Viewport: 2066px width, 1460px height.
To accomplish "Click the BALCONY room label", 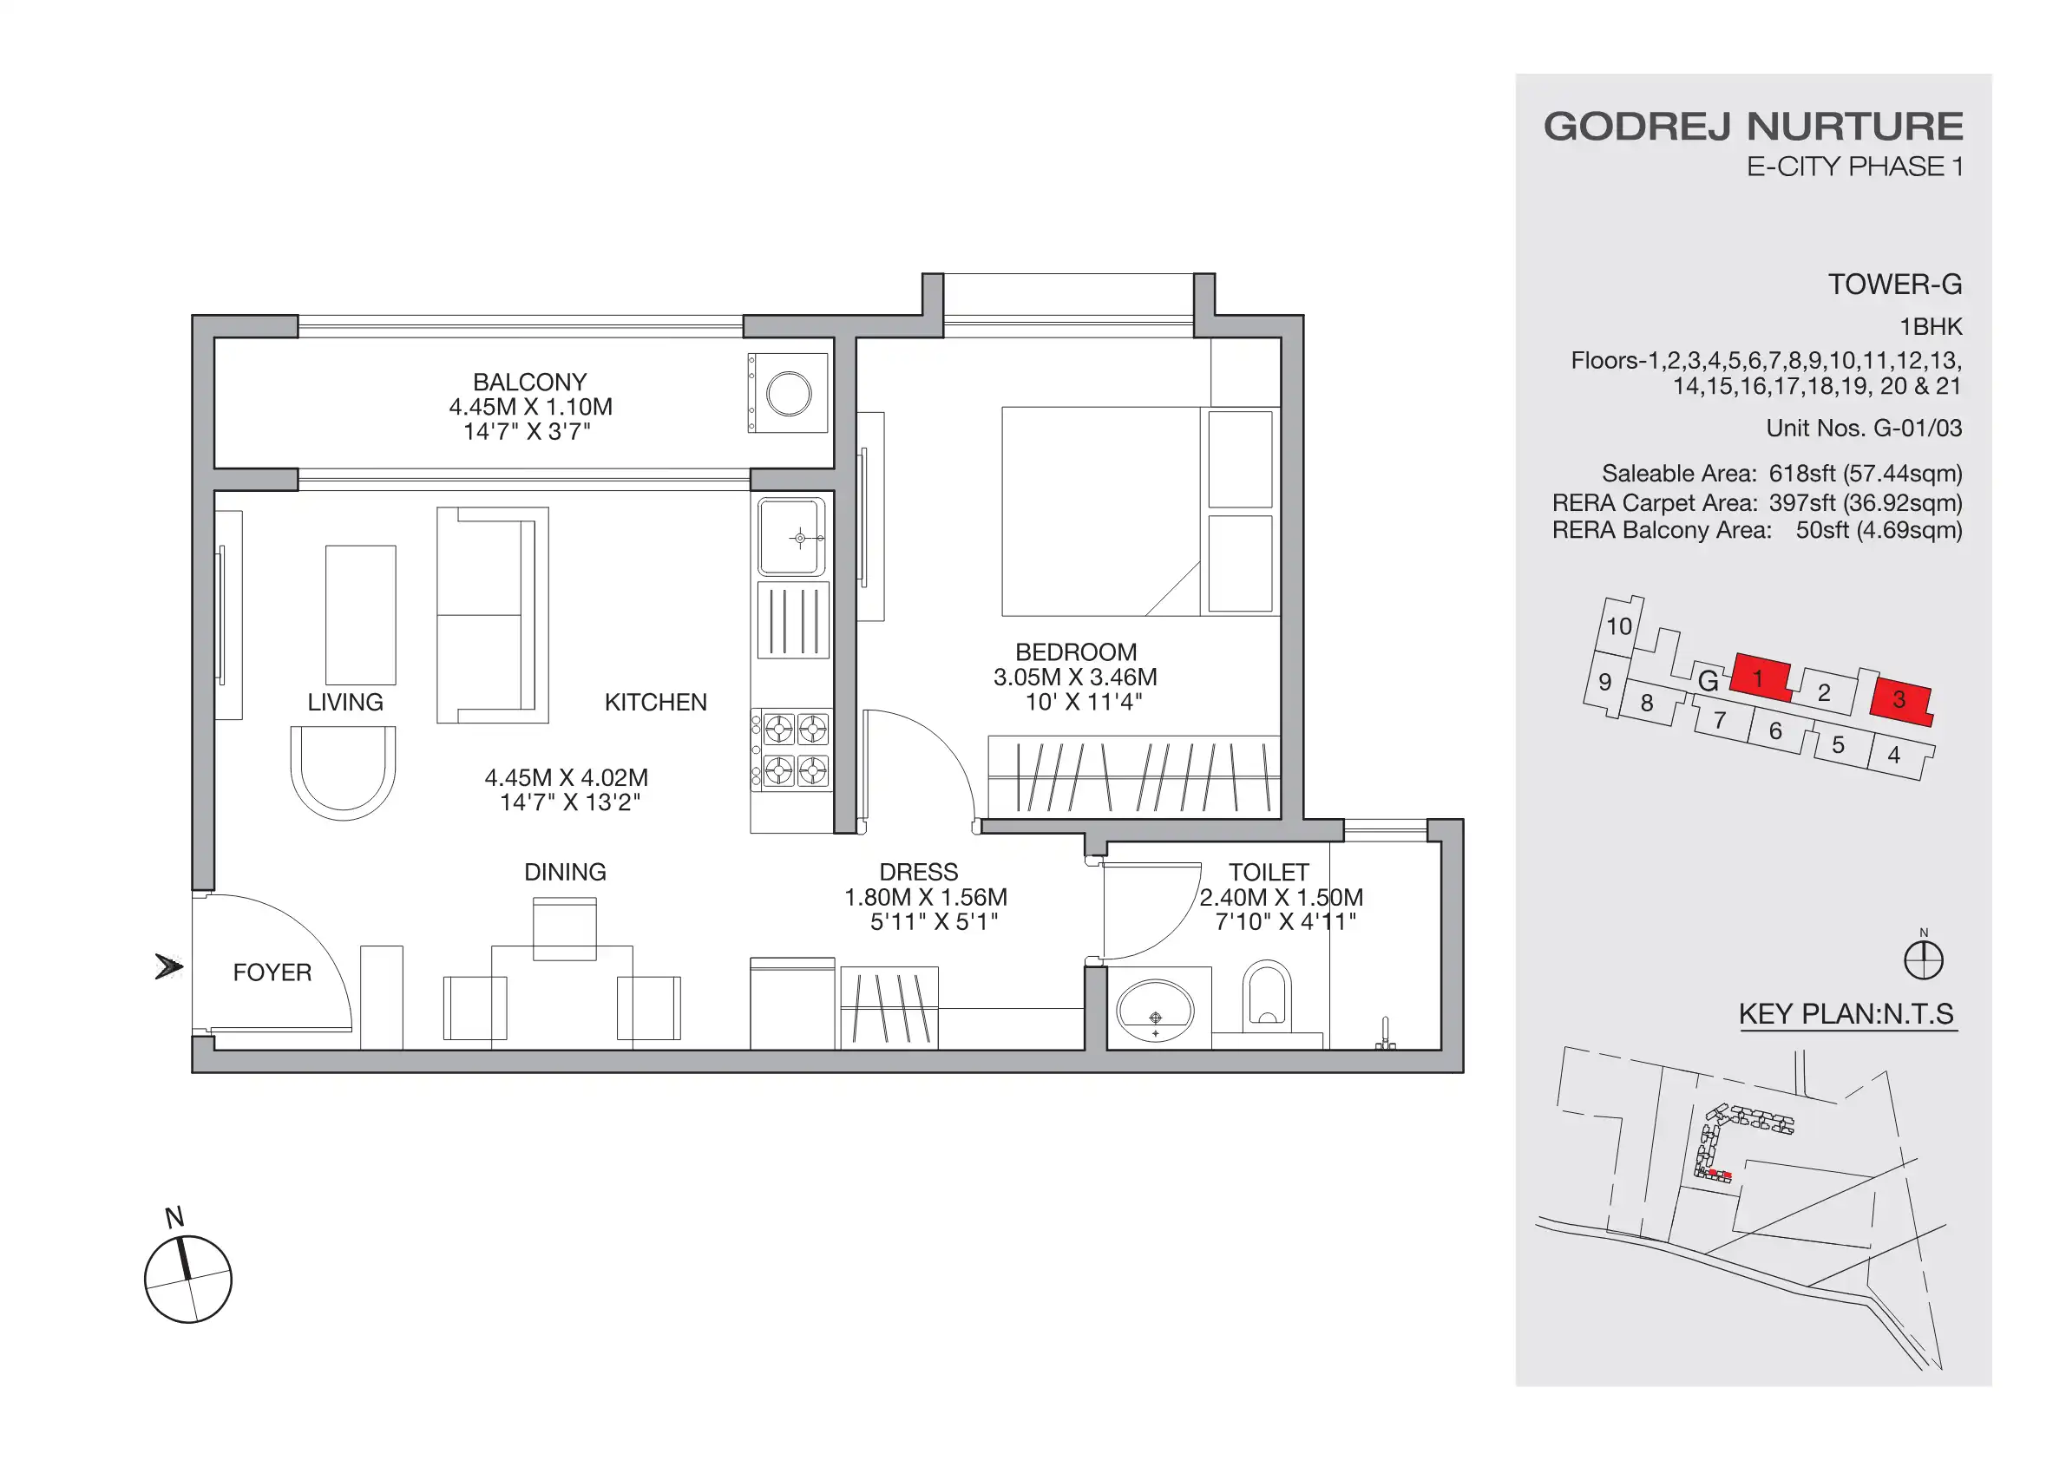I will point(529,383).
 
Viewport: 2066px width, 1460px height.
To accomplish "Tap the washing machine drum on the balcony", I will point(788,394).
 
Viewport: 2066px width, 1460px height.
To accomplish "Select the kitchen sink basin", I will point(792,537).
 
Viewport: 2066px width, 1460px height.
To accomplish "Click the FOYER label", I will point(272,972).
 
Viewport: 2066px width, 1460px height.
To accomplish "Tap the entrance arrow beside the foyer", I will point(168,967).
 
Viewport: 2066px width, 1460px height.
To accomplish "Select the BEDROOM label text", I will point(1075,652).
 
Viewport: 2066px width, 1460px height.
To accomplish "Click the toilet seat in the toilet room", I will point(1267,995).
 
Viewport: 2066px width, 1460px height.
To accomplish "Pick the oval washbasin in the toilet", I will point(1156,1012).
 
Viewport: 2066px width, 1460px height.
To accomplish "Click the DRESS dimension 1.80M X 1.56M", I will point(925,897).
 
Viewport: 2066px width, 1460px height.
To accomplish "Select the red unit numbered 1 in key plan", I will point(1759,678).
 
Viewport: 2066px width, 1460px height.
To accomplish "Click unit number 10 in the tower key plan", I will point(1619,626).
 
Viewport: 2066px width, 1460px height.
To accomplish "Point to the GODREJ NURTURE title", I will point(1753,126).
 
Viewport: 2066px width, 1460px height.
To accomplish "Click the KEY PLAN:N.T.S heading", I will point(1846,1014).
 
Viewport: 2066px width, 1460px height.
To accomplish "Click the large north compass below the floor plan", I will point(188,1279).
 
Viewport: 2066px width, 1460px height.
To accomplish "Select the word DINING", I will point(565,872).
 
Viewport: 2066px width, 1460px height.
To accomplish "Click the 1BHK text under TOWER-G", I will point(1930,326).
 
